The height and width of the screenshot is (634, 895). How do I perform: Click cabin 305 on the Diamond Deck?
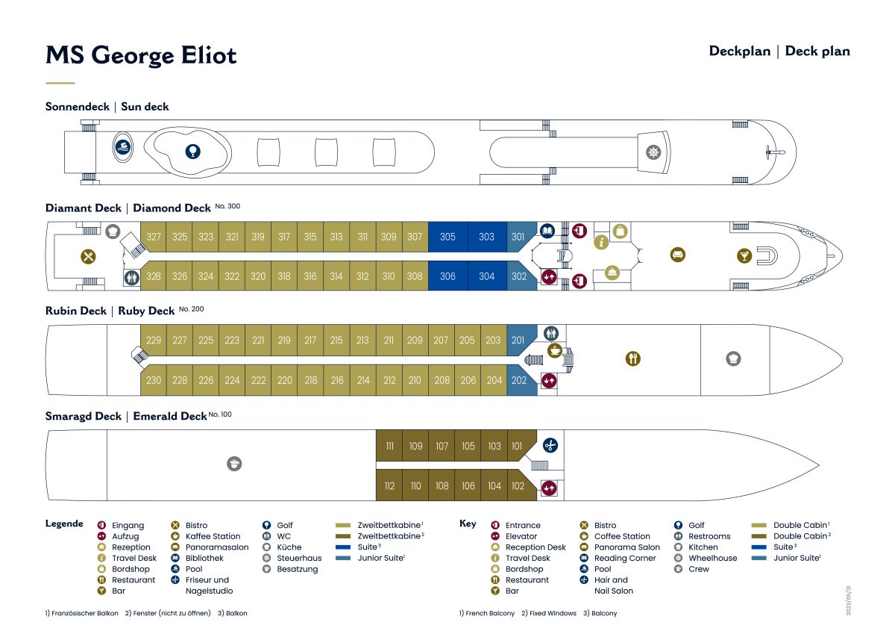447,237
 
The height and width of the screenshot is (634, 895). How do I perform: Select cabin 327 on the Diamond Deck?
154,237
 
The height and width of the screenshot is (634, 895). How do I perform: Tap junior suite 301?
518,237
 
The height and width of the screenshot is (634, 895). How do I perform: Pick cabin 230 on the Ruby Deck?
154,380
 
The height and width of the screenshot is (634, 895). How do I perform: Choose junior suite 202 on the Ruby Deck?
519,380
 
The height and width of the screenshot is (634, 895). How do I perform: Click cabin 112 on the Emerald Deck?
389,486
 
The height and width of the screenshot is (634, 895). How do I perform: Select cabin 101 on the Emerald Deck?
517,447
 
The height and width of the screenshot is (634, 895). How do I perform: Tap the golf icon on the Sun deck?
192,152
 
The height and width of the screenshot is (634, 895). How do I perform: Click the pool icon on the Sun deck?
123,146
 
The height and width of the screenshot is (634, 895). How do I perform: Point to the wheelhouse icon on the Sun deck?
653,152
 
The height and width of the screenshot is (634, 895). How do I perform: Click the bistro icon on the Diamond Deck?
89,256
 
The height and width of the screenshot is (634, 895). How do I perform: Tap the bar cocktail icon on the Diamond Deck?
744,256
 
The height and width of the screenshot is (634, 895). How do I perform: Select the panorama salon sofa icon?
678,255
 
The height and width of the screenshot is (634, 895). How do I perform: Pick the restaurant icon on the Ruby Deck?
632,359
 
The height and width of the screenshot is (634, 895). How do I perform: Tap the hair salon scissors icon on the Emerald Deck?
550,446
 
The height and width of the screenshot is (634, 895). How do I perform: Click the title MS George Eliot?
141,55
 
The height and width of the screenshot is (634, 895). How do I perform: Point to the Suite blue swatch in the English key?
760,547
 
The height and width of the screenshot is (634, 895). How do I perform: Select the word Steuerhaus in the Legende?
299,558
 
